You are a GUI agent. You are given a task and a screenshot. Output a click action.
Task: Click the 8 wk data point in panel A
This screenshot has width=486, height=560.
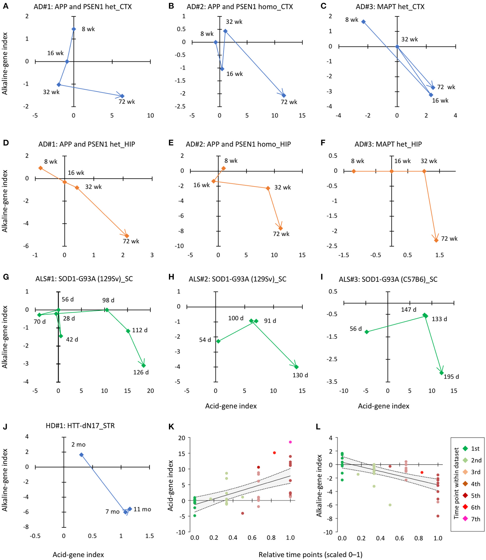[x=74, y=29]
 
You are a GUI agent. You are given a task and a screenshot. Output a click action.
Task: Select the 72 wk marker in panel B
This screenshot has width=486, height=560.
[x=284, y=96]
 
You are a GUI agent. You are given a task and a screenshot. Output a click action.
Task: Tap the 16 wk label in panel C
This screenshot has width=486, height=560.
[x=440, y=101]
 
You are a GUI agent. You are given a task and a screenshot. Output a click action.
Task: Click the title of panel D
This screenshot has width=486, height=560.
[x=87, y=144]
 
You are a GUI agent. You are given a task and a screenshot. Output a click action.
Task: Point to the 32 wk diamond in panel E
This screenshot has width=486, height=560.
[x=268, y=188]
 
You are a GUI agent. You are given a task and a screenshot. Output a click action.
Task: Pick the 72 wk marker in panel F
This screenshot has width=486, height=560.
[x=436, y=240]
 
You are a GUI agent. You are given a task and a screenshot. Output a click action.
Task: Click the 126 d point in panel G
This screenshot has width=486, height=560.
[x=143, y=366]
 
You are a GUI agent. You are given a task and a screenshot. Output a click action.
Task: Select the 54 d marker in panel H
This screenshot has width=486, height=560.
[x=218, y=341]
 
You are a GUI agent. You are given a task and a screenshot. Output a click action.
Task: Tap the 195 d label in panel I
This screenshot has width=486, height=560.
[x=451, y=377]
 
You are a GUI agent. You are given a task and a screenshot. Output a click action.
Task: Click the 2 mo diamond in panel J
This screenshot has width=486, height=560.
[x=81, y=455]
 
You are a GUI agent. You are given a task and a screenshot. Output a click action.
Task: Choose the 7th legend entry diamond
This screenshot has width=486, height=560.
[x=465, y=519]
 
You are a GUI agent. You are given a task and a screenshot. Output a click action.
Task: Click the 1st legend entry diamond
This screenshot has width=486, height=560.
[x=465, y=449]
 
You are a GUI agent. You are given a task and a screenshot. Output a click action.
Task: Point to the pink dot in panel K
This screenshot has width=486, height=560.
[x=290, y=442]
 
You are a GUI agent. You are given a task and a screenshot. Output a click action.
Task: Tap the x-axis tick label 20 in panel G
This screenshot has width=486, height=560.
[x=150, y=391]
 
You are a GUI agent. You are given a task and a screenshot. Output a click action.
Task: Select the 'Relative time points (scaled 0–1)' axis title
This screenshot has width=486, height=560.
[x=310, y=555]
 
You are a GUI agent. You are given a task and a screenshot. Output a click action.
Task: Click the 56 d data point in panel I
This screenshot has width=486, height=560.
[x=366, y=332]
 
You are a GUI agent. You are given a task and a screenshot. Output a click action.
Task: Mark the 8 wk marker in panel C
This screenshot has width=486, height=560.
[x=363, y=22]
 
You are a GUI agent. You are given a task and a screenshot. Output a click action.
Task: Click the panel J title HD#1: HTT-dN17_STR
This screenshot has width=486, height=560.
[x=80, y=426]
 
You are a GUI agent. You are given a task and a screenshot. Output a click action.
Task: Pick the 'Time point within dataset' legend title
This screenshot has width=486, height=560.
[x=456, y=483]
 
